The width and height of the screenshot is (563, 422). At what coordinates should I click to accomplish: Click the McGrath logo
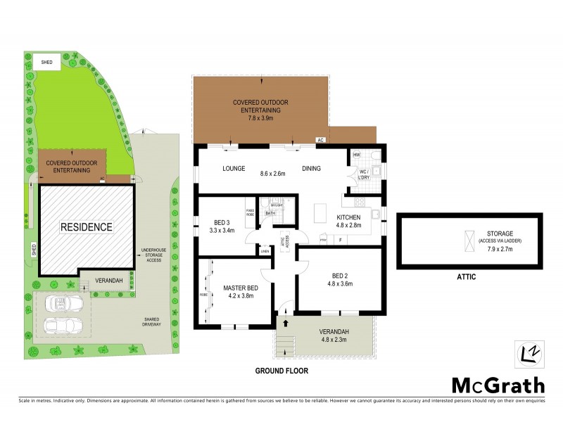pos(498,385)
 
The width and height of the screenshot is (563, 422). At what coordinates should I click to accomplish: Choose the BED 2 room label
pos(340,276)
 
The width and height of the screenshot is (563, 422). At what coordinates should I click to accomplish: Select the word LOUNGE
pos(233,169)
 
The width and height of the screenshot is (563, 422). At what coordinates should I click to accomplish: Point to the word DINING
pos(312,169)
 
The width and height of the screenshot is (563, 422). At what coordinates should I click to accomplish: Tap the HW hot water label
pos(357,155)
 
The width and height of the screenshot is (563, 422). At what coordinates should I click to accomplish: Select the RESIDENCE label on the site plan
pos(86,227)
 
